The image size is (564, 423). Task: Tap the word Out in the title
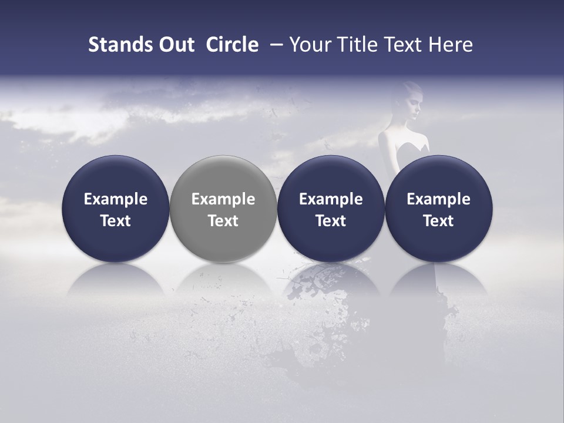[175, 45]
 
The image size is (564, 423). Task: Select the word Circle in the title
[232, 45]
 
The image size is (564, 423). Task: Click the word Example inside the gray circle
[223, 199]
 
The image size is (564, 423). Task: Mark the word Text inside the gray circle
[223, 221]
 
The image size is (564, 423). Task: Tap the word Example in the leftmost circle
[115, 199]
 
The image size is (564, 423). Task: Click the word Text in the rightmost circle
[439, 221]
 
